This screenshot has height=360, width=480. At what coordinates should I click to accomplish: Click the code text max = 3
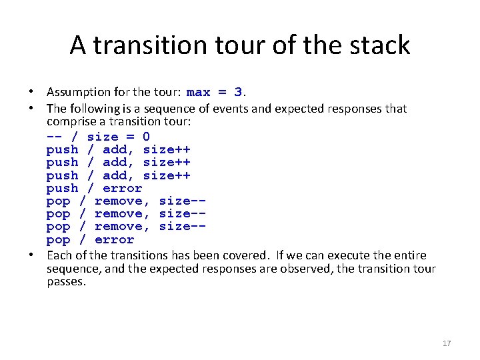214,92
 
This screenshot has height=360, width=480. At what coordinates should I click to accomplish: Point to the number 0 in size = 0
145,137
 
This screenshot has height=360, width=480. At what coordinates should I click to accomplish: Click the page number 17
447,343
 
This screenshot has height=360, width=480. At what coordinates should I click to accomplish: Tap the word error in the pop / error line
114,239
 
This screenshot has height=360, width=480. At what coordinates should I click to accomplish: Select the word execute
352,255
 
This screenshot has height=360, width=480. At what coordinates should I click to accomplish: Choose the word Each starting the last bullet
58,255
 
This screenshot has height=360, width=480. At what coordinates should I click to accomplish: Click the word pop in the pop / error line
58,239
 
